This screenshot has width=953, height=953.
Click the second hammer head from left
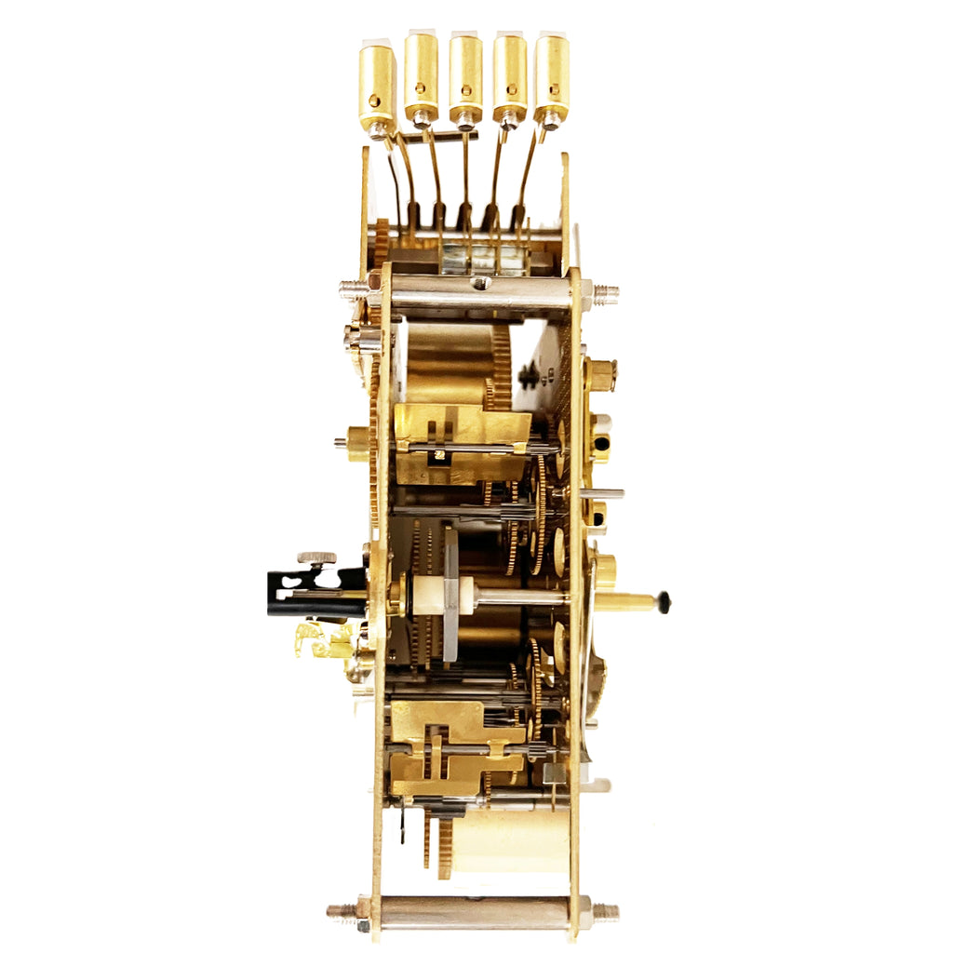421,77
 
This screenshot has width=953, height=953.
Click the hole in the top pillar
481,283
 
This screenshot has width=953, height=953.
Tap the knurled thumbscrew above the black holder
316,558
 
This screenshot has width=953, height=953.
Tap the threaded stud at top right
605,292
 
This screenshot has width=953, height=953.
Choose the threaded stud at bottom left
342,910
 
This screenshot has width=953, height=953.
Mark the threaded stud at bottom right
605,911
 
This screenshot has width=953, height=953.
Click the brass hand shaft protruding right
625,602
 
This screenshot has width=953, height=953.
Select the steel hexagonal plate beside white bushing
450,594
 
